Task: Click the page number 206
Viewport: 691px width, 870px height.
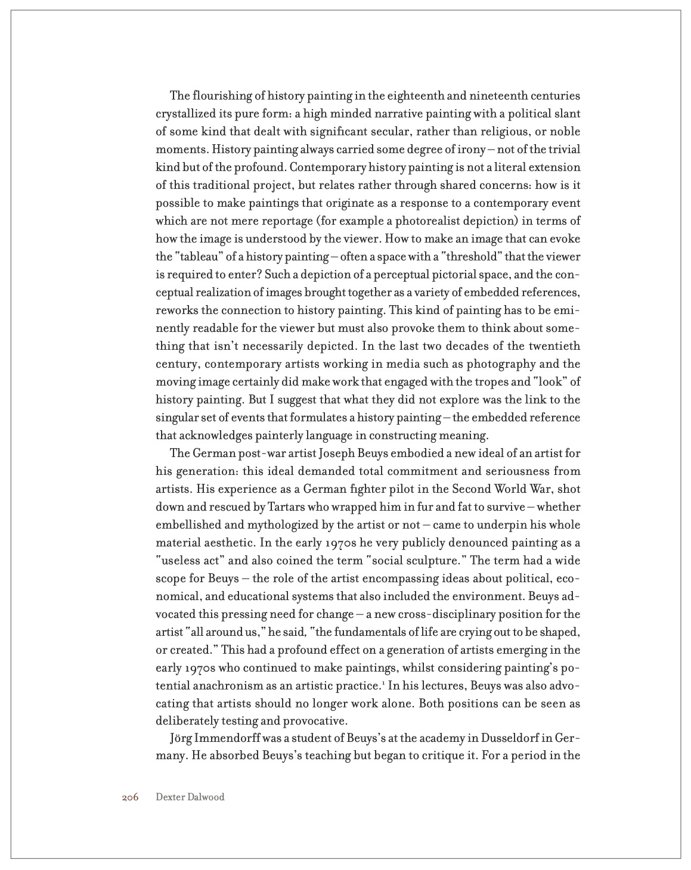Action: pos(130,797)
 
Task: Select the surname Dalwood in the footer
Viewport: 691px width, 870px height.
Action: pos(207,797)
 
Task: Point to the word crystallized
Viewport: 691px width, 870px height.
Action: pos(185,114)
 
